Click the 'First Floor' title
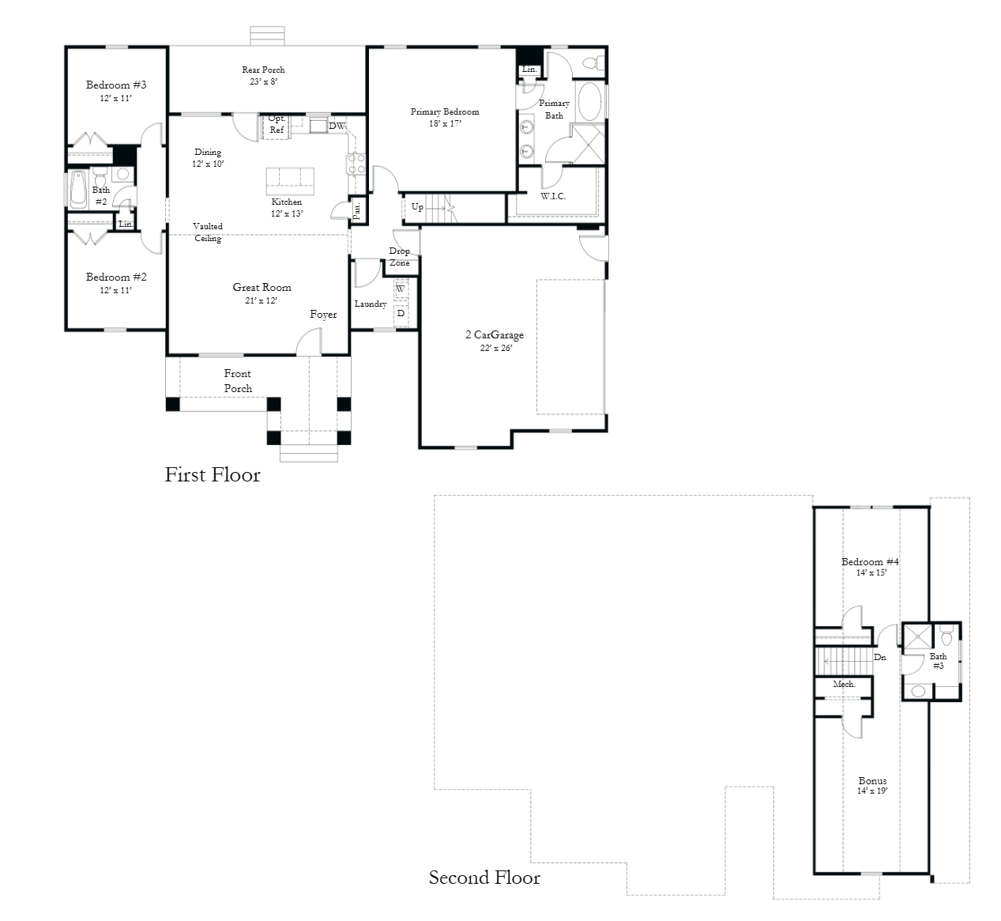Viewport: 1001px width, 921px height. tap(213, 474)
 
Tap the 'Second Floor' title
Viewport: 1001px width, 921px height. tap(484, 878)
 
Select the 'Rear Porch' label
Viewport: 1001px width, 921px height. tap(263, 70)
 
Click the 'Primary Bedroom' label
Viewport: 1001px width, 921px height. tap(445, 112)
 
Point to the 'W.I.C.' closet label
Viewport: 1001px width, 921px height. tap(553, 196)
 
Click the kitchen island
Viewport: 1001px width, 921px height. tap(290, 181)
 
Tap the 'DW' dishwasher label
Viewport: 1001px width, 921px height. tap(337, 126)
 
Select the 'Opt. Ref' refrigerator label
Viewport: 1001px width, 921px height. tap(277, 124)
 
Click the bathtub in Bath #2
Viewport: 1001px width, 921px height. tap(78, 190)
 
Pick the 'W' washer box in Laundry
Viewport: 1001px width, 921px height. tap(401, 289)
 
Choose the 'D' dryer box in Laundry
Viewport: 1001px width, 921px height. tap(401, 314)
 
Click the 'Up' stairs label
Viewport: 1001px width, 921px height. tap(418, 207)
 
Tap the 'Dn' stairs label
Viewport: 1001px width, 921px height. tap(880, 657)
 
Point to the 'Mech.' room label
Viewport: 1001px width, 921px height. tap(844, 685)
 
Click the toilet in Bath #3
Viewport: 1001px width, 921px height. tap(946, 636)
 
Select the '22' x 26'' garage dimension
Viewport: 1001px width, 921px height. tap(496, 348)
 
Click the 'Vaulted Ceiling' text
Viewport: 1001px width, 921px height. tap(208, 232)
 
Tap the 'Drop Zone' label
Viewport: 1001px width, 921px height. tap(399, 257)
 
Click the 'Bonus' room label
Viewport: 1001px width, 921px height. tap(872, 780)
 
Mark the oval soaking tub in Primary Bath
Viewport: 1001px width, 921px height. tap(589, 102)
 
